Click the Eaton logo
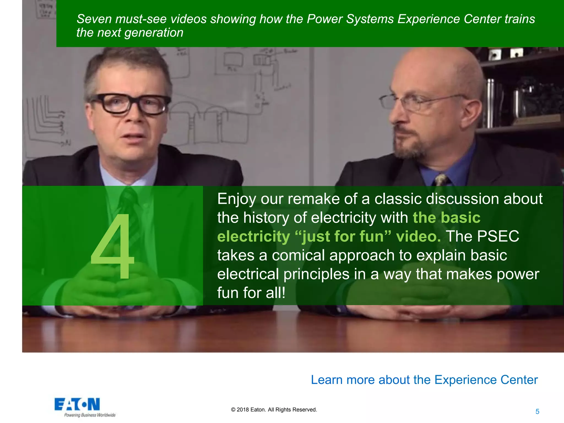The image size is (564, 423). click(x=77, y=404)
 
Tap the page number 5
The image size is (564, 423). click(x=537, y=411)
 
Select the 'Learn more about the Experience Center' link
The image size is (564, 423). click(x=424, y=380)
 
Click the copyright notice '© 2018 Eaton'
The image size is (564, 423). click(x=274, y=410)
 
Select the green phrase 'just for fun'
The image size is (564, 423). click(x=343, y=236)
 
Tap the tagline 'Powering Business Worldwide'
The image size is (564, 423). click(x=90, y=415)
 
